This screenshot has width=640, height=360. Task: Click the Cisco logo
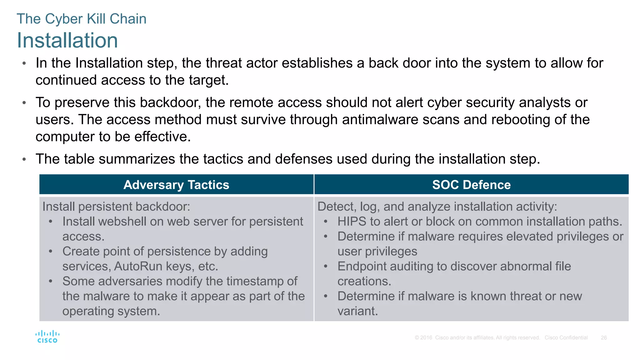[x=47, y=337]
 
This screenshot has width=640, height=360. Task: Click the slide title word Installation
[x=67, y=40]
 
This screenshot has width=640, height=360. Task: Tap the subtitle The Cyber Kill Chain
[x=81, y=19]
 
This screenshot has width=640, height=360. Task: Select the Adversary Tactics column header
[x=176, y=185]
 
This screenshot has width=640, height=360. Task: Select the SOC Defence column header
[x=471, y=185]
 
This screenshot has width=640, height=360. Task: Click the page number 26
[x=603, y=338]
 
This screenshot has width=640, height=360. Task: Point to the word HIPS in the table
[x=352, y=222]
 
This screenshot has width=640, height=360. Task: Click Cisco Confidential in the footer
[x=566, y=338]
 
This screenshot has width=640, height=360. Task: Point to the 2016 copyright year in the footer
[x=426, y=338]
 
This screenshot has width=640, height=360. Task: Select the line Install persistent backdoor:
[x=116, y=207]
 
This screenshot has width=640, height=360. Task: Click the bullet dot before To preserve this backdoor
[x=24, y=103]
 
